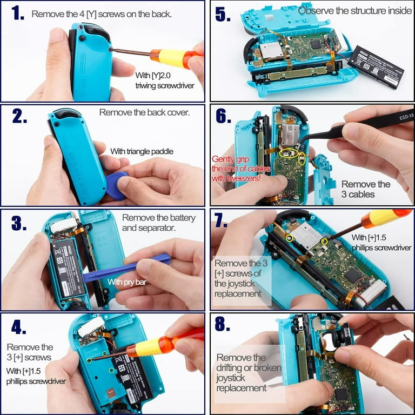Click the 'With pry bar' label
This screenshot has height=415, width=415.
coord(128,282)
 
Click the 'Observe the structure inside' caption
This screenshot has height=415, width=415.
coord(354,10)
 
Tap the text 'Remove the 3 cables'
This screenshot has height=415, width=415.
coord(366,189)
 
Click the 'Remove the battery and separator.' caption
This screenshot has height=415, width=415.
coord(153,223)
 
